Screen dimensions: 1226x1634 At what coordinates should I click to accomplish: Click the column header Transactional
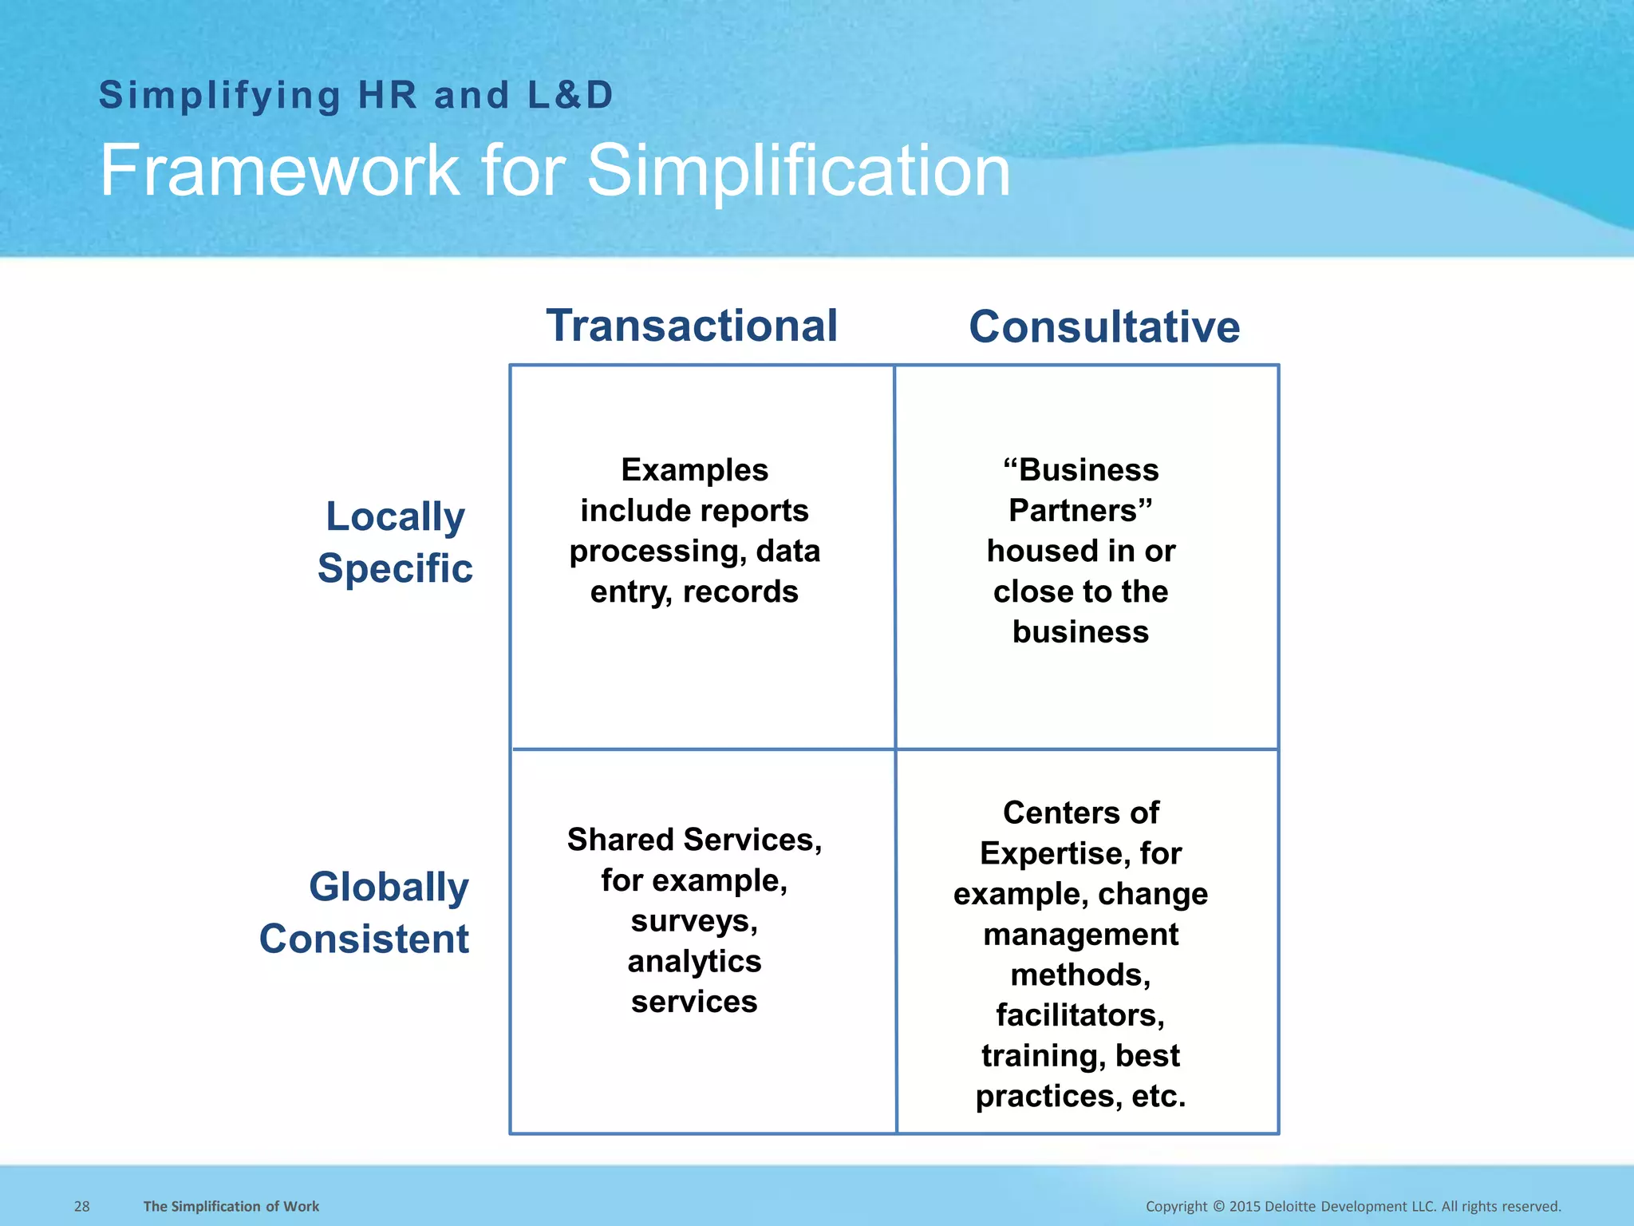(692, 326)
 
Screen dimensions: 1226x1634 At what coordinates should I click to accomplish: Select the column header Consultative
(1104, 327)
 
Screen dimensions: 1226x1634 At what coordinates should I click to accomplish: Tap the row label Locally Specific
(395, 543)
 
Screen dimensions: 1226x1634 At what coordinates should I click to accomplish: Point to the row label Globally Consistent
(365, 912)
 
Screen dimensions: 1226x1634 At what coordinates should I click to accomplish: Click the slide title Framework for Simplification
(555, 171)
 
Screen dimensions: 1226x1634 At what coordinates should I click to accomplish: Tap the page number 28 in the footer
(82, 1206)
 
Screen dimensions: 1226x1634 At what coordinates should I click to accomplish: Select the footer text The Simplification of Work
(231, 1206)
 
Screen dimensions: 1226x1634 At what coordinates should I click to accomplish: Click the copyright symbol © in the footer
(1218, 1206)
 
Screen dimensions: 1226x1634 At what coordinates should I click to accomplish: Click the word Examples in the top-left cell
(694, 470)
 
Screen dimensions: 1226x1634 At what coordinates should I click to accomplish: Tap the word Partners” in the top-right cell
(1080, 511)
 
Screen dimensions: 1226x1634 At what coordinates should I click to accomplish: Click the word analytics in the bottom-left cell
(694, 961)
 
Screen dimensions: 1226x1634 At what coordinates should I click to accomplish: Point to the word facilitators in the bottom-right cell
(1078, 1015)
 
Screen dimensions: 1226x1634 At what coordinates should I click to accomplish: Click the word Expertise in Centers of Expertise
(1053, 853)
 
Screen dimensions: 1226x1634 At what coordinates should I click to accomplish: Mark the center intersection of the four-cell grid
(895, 749)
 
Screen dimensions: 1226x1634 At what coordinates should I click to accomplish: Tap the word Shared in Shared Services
(620, 840)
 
